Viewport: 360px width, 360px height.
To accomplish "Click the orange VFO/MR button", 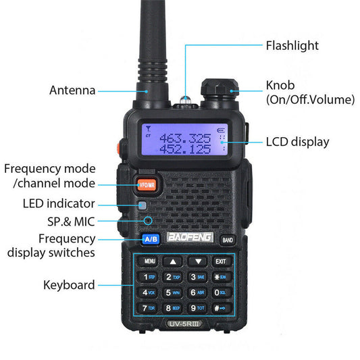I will (x=146, y=184).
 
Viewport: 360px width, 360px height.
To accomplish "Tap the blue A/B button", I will (x=151, y=239).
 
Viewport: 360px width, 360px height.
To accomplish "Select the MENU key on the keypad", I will (x=149, y=261).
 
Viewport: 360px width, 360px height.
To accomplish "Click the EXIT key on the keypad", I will (x=220, y=261).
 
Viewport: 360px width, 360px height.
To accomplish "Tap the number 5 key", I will (x=173, y=292).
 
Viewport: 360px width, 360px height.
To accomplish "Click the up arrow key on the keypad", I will (x=173, y=261).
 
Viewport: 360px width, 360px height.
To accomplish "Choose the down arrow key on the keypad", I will (x=197, y=261).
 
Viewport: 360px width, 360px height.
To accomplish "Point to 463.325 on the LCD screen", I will (x=184, y=138).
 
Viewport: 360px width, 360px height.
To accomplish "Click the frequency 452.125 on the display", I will (x=184, y=149).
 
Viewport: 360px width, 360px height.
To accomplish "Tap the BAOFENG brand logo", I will (x=189, y=238).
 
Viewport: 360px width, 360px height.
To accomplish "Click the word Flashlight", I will (x=292, y=46).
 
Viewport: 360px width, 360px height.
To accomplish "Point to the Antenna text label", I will (x=72, y=91).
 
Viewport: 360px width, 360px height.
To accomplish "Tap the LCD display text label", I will (x=297, y=142).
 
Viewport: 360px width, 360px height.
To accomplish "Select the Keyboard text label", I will (x=69, y=285).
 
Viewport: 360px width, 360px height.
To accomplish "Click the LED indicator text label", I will (x=59, y=203).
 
